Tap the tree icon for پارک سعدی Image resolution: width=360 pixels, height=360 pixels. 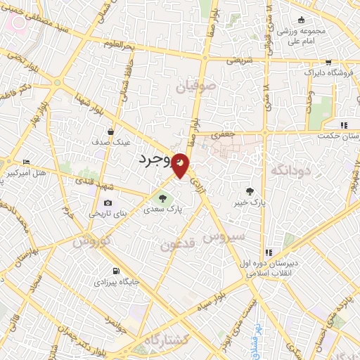(x=164, y=198)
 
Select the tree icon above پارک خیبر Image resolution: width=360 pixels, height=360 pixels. (x=250, y=191)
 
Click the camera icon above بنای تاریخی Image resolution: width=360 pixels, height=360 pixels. (x=108, y=202)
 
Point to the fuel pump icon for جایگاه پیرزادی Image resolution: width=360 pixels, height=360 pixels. (x=115, y=271)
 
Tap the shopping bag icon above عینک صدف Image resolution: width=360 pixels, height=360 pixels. (x=111, y=131)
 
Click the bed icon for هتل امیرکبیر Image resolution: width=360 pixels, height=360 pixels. (x=27, y=162)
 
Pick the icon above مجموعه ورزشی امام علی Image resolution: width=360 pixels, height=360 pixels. (x=301, y=20)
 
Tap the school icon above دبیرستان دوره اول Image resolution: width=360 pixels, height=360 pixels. (x=268, y=252)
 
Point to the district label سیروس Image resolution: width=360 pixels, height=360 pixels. (x=224, y=237)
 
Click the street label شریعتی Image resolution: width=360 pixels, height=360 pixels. (x=239, y=60)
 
